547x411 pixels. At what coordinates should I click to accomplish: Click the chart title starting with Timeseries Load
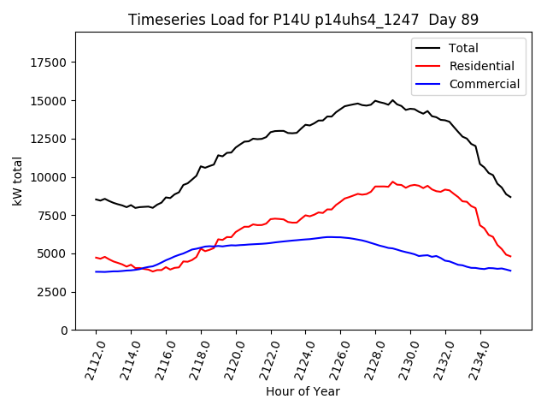point(303,20)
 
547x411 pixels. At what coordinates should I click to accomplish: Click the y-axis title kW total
point(18,181)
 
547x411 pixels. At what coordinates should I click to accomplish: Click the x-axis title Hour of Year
point(303,391)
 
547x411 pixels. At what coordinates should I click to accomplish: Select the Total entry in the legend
point(463,48)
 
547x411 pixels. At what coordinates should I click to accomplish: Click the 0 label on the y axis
point(65,331)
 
